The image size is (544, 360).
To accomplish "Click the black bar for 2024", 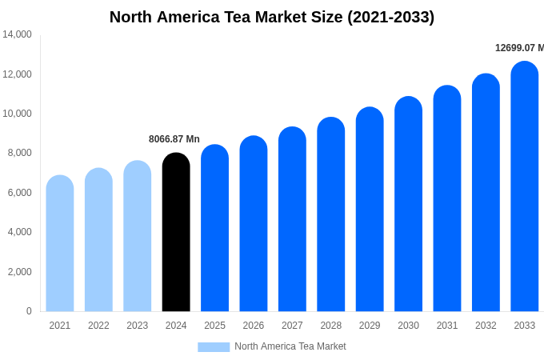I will click(176, 232).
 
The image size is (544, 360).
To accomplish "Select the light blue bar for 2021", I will click(60, 243).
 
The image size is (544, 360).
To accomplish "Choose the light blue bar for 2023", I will click(138, 236).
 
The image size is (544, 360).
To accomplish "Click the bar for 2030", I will click(408, 204).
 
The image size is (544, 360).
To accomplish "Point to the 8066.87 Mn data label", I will click(174, 139).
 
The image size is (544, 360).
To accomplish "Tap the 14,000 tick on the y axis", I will click(17, 34).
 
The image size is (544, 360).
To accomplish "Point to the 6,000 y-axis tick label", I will click(18, 193).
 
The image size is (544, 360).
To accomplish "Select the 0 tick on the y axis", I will click(29, 311).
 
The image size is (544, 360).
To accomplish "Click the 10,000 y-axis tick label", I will click(17, 114).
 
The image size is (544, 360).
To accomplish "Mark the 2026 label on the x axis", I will click(254, 326).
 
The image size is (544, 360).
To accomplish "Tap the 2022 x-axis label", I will click(98, 326).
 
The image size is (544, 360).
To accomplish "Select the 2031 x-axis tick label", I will click(447, 326).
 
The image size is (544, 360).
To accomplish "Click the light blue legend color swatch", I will click(214, 347).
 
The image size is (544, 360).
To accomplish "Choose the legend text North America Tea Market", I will click(290, 346).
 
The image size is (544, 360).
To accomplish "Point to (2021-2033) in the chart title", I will click(390, 17).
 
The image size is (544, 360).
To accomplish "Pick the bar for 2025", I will click(214, 228).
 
